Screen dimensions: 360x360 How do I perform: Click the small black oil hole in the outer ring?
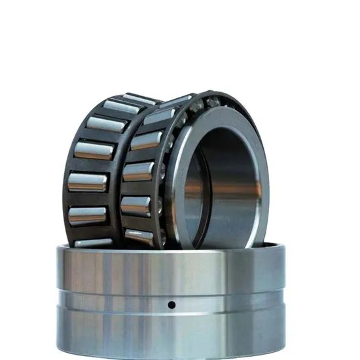pos(171,304)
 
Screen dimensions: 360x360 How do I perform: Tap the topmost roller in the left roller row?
pos(122,106)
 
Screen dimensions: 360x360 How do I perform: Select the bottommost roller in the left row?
pos(92,242)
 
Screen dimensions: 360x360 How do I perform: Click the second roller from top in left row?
pos(105,123)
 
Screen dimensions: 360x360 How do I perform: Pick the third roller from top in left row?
pos(93,149)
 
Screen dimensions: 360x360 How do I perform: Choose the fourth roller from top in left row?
pos(87,181)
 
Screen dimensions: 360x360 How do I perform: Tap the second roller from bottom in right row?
pos(135,206)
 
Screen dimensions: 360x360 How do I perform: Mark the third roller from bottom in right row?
pos(138,173)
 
